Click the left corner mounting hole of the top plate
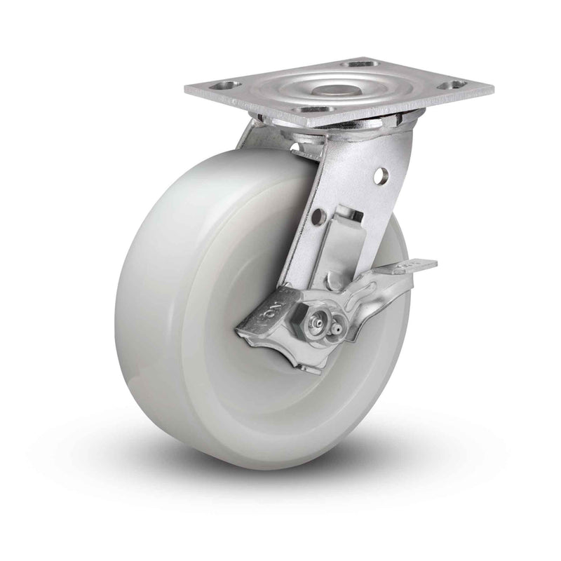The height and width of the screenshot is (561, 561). click(x=224, y=87)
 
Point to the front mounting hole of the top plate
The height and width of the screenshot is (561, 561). click(x=309, y=110)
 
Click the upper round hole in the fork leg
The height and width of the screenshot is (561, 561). click(x=381, y=175)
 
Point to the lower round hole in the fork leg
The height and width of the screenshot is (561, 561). click(x=318, y=218)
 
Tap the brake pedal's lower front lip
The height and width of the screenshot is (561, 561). click(x=280, y=351)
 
